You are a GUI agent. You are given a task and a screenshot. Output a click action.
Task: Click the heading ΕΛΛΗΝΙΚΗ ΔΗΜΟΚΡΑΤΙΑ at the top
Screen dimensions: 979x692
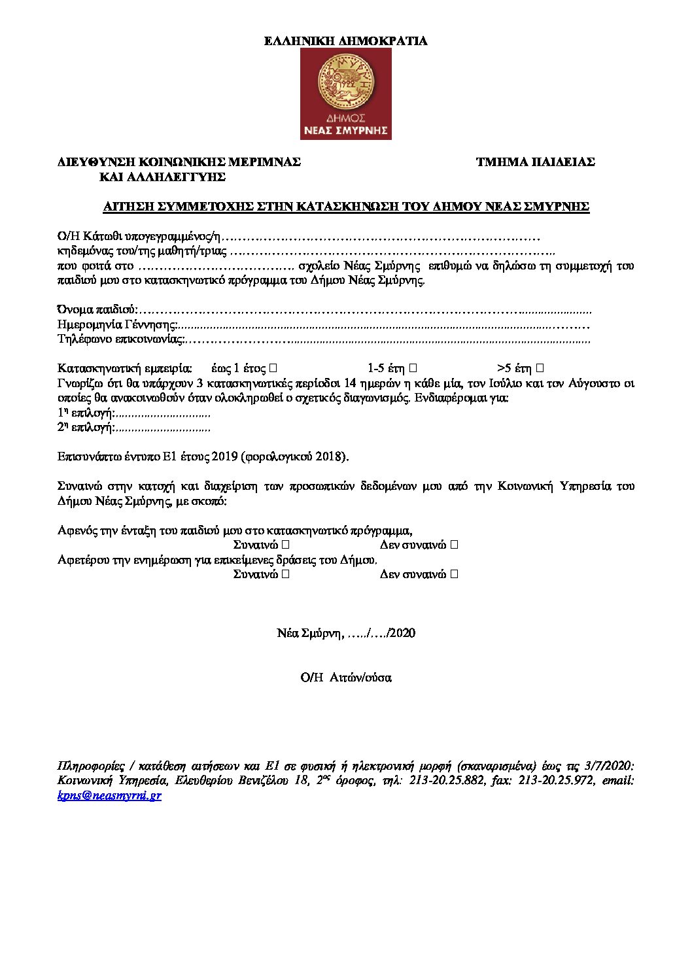(345, 41)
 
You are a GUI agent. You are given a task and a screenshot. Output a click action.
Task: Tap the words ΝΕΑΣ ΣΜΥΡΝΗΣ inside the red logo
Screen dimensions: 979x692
(345, 129)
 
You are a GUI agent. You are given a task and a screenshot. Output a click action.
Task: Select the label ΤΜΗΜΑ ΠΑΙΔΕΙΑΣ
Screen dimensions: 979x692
(535, 162)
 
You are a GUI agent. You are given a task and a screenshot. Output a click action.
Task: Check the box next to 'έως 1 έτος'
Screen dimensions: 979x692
(273, 368)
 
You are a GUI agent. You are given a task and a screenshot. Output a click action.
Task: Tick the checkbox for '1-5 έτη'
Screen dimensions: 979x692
(413, 368)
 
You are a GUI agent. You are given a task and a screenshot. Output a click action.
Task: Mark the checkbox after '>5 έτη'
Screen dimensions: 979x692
(540, 368)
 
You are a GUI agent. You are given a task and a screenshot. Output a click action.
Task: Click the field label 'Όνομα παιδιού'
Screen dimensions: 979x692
(97, 309)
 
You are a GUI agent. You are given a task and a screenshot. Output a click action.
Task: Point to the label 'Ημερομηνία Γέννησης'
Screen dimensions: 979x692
(117, 324)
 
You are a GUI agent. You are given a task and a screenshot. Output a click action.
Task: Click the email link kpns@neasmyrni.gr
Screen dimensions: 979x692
(109, 796)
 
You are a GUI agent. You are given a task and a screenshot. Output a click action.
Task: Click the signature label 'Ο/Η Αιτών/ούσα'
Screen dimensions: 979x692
(345, 678)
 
